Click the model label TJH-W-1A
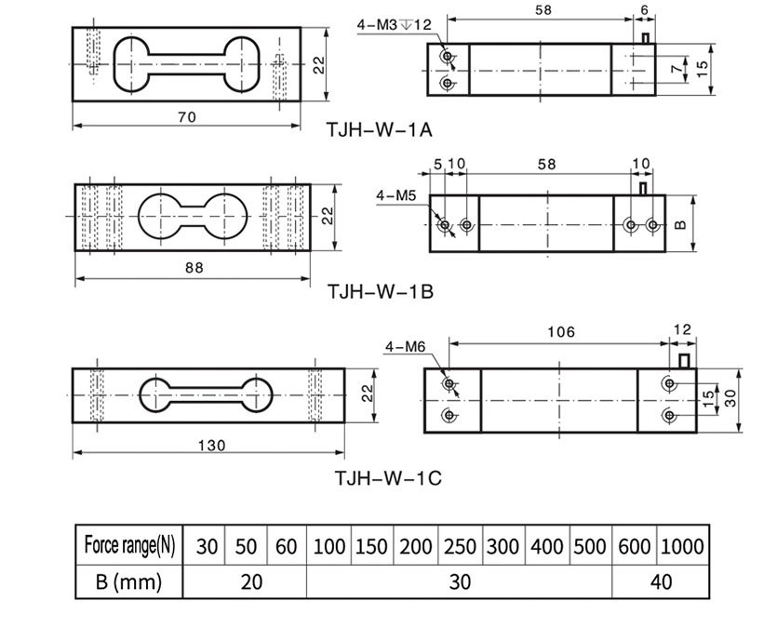(380, 129)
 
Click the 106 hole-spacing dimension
(561, 331)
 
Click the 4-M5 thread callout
(396, 196)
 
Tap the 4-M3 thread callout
(395, 24)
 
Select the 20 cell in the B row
(250, 582)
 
